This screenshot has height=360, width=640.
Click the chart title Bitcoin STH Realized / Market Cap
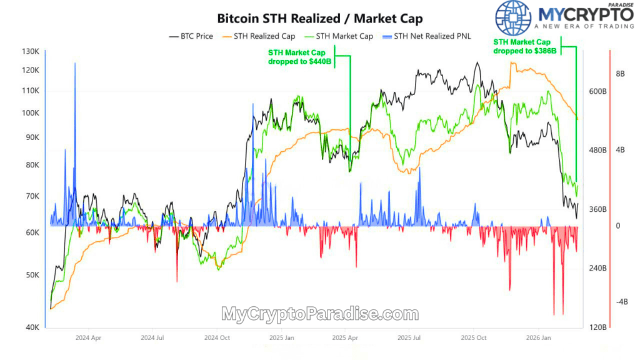click(319, 18)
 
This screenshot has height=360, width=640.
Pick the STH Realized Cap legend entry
click(263, 36)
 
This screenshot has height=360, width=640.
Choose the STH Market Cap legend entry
click(344, 36)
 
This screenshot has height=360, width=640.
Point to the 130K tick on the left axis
click(31, 51)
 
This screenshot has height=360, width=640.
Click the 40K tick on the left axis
click(32, 327)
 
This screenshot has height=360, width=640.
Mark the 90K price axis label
click(32, 137)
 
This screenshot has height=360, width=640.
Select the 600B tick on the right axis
click(598, 91)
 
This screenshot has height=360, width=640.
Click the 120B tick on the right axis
click(598, 327)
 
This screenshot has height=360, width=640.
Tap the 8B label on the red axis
click(621, 74)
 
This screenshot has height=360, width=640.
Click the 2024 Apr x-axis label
click(87, 338)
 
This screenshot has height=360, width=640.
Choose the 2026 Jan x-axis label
click(538, 338)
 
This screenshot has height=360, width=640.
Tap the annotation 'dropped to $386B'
click(524, 51)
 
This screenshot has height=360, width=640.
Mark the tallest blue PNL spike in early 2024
click(75, 66)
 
